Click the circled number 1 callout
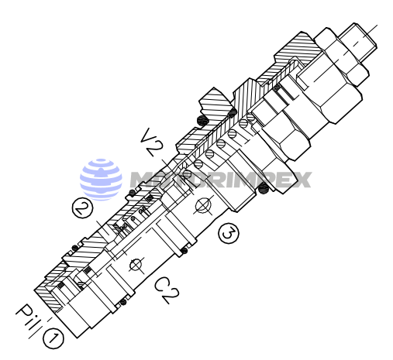(53, 338)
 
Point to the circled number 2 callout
(83, 207)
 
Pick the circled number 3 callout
(228, 232)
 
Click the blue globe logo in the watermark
(101, 180)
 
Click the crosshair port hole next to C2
(136, 265)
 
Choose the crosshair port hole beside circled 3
(204, 205)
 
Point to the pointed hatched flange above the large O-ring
(218, 101)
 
